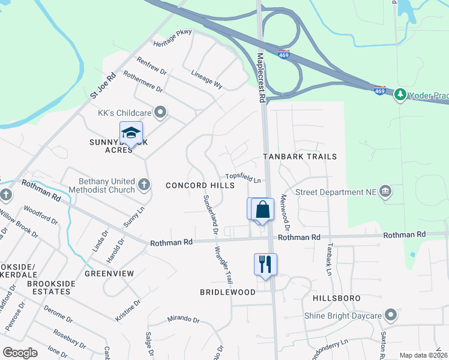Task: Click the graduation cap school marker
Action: pyautogui.click(x=131, y=133)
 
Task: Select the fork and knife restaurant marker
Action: pyautogui.click(x=265, y=264)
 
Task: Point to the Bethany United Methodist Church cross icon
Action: pyautogui.click(x=143, y=184)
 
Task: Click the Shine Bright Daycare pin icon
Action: pyautogui.click(x=391, y=315)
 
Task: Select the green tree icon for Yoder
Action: pyautogui.click(x=399, y=95)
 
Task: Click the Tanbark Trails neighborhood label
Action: pyautogui.click(x=300, y=157)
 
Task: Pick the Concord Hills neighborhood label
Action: pyautogui.click(x=200, y=186)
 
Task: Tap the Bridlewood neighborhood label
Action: pyautogui.click(x=228, y=292)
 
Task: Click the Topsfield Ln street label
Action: pyautogui.click(x=243, y=178)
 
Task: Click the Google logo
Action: pyautogui.click(x=20, y=353)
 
